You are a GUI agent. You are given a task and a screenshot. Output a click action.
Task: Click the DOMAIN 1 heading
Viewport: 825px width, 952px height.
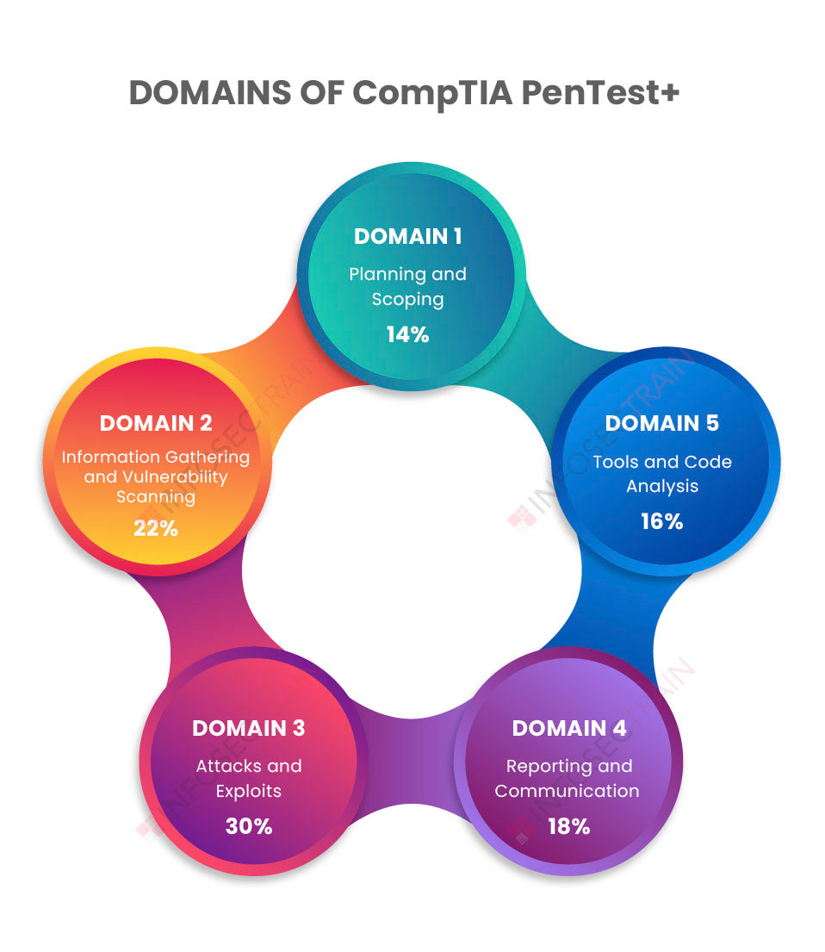point(407,236)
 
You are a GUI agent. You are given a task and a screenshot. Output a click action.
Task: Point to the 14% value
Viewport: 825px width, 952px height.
point(407,334)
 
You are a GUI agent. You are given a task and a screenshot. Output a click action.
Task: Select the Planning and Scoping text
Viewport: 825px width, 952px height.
point(407,287)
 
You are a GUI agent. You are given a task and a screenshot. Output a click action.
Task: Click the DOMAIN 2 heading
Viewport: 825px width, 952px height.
point(156,423)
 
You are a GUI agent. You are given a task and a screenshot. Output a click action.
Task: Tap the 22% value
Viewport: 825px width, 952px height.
point(156,528)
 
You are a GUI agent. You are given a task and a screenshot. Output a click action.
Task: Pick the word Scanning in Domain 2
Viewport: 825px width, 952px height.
point(156,497)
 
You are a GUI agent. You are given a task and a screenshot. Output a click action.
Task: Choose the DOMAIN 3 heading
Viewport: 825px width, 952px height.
point(248,728)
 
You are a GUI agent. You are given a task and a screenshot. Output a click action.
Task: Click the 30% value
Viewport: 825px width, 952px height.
point(249,826)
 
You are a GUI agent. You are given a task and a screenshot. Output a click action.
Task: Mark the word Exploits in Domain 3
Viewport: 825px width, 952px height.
point(249,791)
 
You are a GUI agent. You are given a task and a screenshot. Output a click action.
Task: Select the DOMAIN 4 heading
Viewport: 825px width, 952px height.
point(568,728)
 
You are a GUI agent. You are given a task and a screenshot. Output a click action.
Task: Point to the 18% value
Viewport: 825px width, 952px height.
point(568,826)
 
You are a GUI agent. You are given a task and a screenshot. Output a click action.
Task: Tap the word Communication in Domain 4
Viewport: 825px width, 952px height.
point(567,791)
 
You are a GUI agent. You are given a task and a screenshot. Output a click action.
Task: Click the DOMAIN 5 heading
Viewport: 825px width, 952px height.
point(661,423)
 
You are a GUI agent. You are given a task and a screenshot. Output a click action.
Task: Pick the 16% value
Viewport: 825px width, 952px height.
point(661,521)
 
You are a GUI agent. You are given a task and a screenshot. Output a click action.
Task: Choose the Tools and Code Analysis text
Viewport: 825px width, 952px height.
point(662,474)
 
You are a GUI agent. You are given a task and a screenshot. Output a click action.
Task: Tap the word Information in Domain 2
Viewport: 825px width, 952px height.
point(111,457)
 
